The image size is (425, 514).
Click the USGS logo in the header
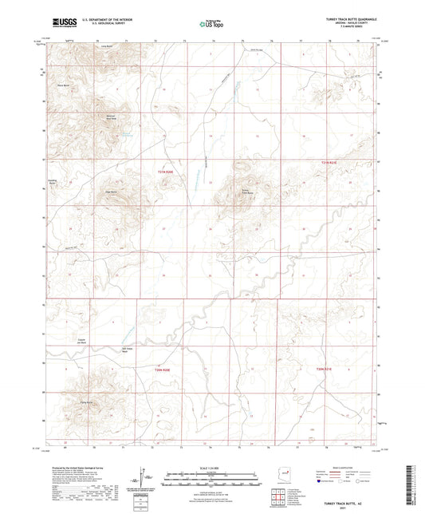[x=65, y=24]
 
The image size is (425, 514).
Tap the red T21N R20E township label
[x=164, y=172]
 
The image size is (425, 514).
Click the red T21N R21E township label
[x=329, y=162]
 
